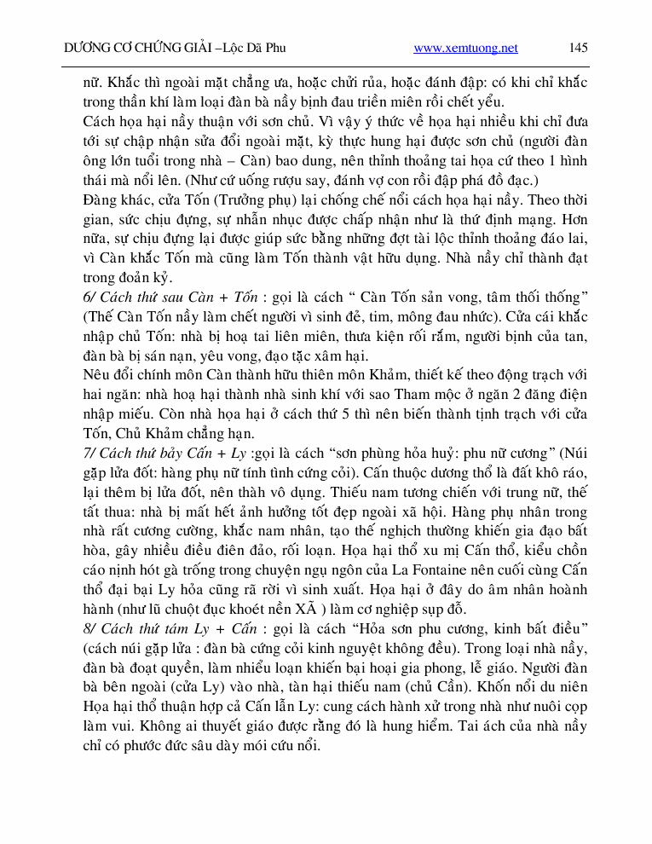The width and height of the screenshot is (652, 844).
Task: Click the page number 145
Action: click(x=579, y=48)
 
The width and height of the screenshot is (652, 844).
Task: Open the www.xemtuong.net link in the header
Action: click(x=465, y=49)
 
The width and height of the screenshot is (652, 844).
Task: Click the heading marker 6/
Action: click(x=89, y=296)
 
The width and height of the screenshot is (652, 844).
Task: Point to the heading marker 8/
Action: click(x=89, y=628)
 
